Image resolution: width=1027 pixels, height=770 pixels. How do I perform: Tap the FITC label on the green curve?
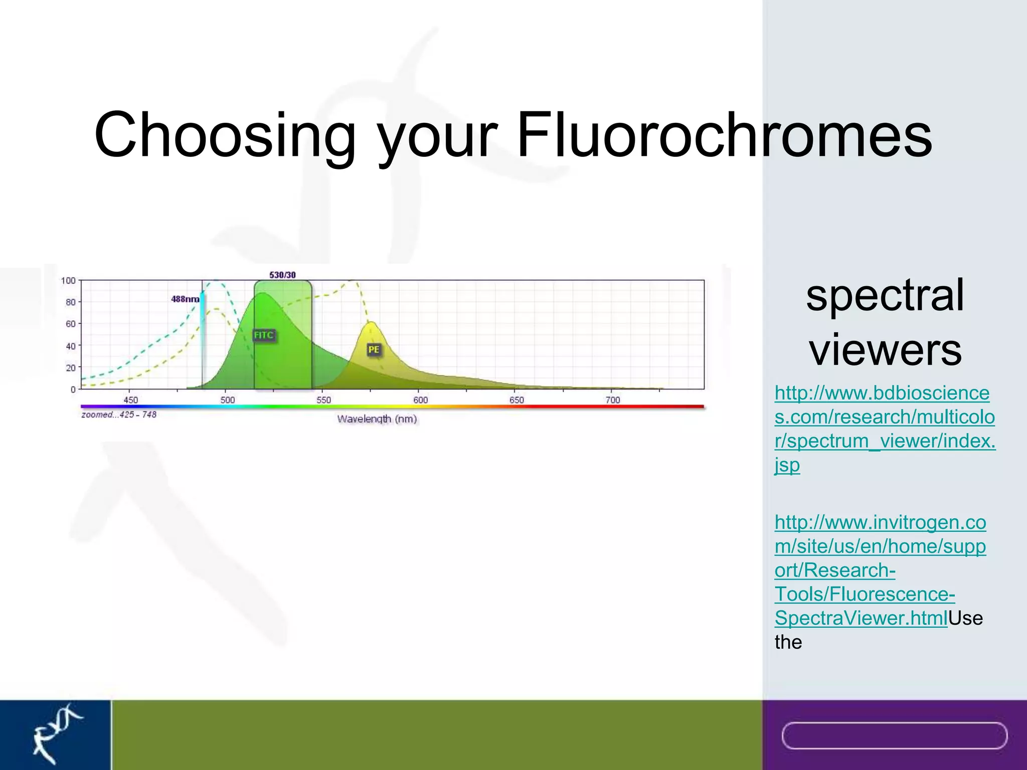click(x=264, y=335)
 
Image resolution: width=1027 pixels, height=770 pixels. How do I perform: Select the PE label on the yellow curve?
click(x=374, y=349)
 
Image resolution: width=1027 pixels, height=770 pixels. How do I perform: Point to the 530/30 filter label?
click(x=282, y=275)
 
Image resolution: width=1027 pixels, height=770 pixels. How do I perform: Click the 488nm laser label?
click(x=185, y=299)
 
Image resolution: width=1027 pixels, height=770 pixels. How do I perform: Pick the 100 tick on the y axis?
click(x=68, y=281)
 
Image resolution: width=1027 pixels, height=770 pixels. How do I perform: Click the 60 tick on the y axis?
click(x=70, y=324)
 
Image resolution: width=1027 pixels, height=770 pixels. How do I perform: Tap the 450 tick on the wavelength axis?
click(x=130, y=400)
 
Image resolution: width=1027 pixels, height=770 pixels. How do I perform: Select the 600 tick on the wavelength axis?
click(x=420, y=400)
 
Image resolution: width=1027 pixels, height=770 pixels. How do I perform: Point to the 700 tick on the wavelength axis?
click(x=613, y=400)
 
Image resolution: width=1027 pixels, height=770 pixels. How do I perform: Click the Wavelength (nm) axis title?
click(x=377, y=419)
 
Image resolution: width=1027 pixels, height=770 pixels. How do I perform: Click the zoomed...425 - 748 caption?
click(x=119, y=415)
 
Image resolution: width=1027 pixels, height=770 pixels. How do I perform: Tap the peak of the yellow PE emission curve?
click(x=371, y=323)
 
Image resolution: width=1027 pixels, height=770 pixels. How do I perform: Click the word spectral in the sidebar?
click(x=885, y=295)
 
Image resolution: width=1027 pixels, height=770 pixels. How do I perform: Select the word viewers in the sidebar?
click(x=885, y=349)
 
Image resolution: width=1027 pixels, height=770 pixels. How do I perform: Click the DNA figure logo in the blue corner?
click(x=55, y=733)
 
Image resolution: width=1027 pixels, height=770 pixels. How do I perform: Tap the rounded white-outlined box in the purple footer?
click(x=894, y=735)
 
